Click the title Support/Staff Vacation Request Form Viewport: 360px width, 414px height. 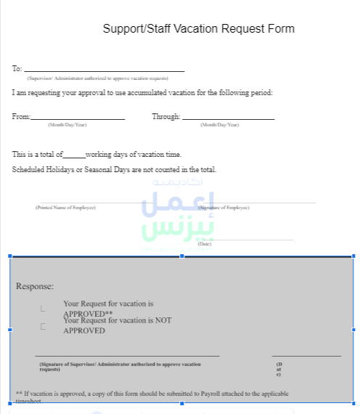coord(198,29)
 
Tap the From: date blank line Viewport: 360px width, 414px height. coord(78,118)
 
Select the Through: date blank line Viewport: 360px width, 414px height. coord(228,118)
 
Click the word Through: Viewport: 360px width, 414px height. coord(165,116)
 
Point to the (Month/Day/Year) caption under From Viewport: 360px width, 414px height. coord(67,125)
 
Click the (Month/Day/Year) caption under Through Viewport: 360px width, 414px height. coord(219,125)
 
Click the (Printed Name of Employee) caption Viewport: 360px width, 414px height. coord(65,208)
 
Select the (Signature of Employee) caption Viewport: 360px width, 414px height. coord(224,208)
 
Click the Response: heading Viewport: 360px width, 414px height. coord(35,286)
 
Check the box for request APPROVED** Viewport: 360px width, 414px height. coord(43,308)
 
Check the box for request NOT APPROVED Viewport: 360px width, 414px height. coord(43,326)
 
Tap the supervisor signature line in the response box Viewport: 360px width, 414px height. coord(127,356)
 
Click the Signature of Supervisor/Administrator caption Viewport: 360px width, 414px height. coord(120,365)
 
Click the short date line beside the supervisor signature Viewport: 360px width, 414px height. coord(306,356)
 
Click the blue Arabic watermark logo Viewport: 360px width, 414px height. coord(178,216)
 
